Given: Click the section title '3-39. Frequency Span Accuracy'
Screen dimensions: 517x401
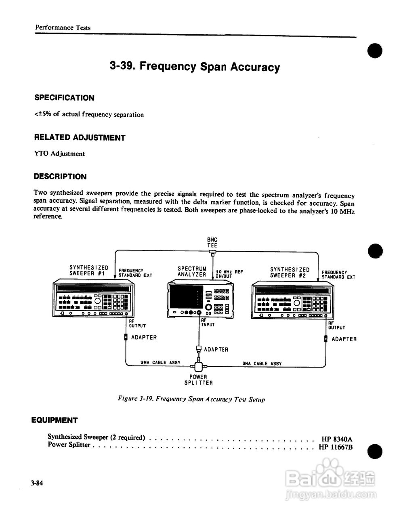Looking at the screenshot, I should click(x=194, y=67).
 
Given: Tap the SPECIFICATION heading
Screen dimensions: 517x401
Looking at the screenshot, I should click(x=64, y=98).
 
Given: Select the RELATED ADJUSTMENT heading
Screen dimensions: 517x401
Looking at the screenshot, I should click(x=80, y=137).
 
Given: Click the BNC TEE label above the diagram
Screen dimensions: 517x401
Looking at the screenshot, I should click(x=212, y=242).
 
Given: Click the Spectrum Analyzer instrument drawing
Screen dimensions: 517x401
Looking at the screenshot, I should click(x=199, y=299).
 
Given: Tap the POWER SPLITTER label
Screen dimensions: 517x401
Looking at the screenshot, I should click(x=198, y=380).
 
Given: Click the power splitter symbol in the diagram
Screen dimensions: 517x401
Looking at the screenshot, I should click(x=198, y=366).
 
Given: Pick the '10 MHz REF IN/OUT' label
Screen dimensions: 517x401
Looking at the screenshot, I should click(x=229, y=274).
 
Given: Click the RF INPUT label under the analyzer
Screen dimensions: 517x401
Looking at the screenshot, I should click(x=208, y=322).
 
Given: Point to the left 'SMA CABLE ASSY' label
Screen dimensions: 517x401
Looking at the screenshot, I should click(x=160, y=362).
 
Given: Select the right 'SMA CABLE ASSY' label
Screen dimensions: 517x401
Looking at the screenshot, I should click(x=262, y=363).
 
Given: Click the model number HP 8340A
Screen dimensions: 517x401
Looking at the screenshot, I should click(x=337, y=439).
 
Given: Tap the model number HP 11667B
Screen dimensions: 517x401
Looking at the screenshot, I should click(x=336, y=447).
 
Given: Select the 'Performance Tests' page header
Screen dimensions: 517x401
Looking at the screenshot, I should click(x=63, y=27).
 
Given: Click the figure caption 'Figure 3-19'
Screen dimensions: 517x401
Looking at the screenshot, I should click(x=191, y=399).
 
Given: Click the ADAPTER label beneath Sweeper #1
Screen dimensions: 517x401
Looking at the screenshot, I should click(x=144, y=337).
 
